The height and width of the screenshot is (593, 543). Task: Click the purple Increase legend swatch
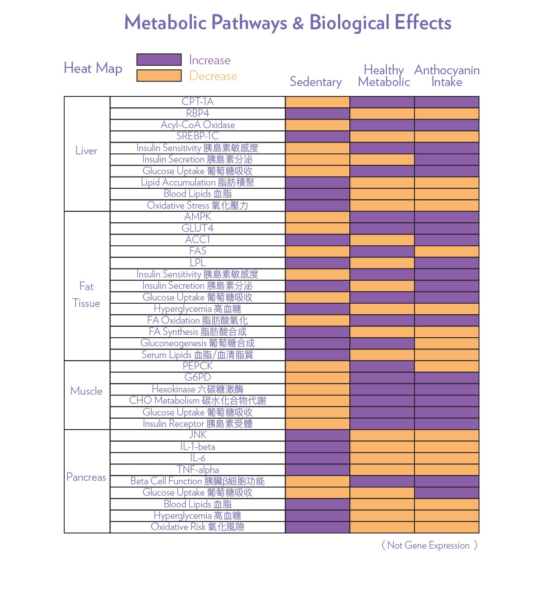pyautogui.click(x=159, y=59)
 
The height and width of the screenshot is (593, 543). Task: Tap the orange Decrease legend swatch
pyautogui.click(x=159, y=76)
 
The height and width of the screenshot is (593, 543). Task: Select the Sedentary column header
pyautogui.click(x=315, y=81)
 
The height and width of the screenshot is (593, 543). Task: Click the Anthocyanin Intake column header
pyautogui.click(x=446, y=76)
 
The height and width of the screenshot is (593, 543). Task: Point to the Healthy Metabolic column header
pyautogui.click(x=384, y=76)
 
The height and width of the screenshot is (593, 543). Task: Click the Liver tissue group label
pyautogui.click(x=86, y=151)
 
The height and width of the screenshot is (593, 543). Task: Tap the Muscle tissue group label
pyautogui.click(x=86, y=391)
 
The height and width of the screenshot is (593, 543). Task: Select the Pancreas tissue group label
pyautogui.click(x=86, y=477)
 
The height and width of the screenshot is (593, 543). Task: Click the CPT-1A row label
pyautogui.click(x=197, y=102)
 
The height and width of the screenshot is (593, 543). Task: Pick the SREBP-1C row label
pyautogui.click(x=197, y=136)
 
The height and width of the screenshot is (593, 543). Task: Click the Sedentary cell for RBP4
pyautogui.click(x=317, y=114)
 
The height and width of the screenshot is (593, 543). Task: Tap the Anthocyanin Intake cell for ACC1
pyautogui.click(x=446, y=240)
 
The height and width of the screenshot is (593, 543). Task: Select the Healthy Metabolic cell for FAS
pyautogui.click(x=382, y=251)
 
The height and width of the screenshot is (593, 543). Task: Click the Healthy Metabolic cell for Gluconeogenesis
pyautogui.click(x=382, y=343)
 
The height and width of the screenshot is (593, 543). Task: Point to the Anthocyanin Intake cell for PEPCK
pyautogui.click(x=446, y=366)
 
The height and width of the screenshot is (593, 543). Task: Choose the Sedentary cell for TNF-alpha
pyautogui.click(x=317, y=469)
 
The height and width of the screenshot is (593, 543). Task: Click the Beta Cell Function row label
pyautogui.click(x=197, y=481)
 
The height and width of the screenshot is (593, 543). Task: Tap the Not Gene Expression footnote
pyautogui.click(x=429, y=545)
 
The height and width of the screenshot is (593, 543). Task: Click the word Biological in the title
pyautogui.click(x=349, y=23)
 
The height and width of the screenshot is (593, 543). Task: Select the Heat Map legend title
pyautogui.click(x=93, y=68)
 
